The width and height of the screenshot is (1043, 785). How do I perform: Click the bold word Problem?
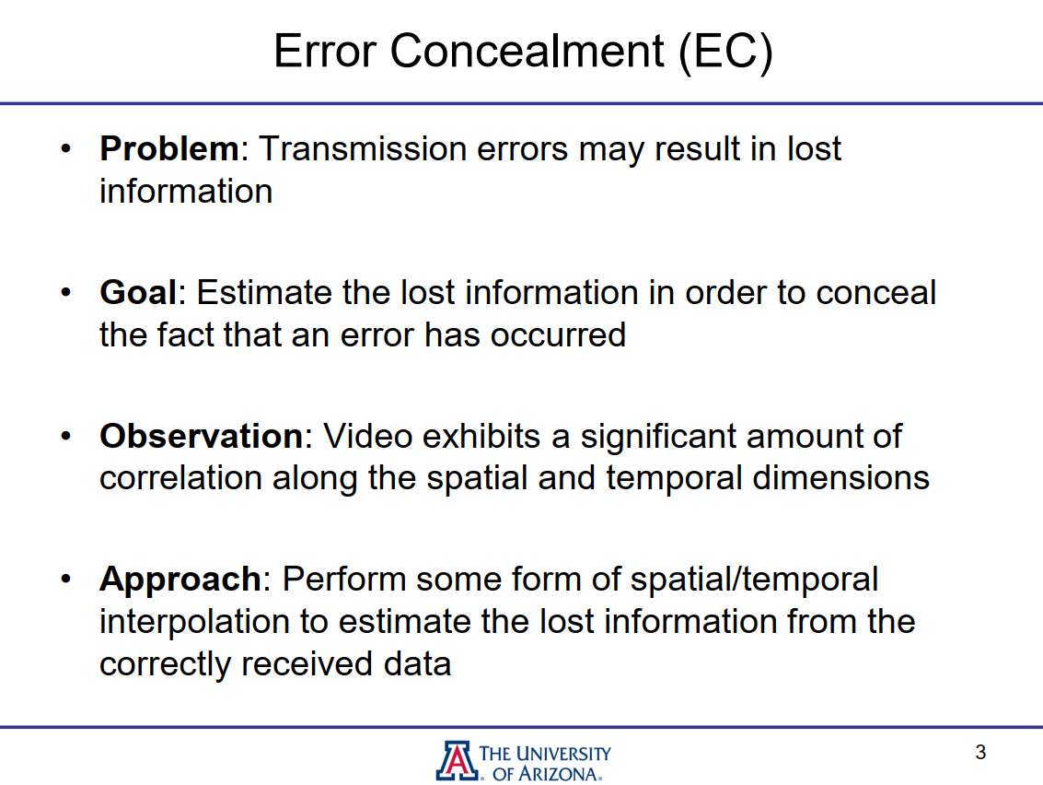coord(169,149)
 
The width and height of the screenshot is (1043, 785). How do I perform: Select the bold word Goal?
coord(137,293)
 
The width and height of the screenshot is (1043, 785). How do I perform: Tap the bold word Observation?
coord(201,436)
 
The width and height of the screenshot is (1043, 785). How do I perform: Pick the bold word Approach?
coord(180,580)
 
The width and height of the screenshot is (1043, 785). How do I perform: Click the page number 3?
coord(980,753)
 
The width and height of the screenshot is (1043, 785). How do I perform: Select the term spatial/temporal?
coord(754,580)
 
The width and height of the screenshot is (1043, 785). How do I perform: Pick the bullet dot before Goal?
coord(66,293)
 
